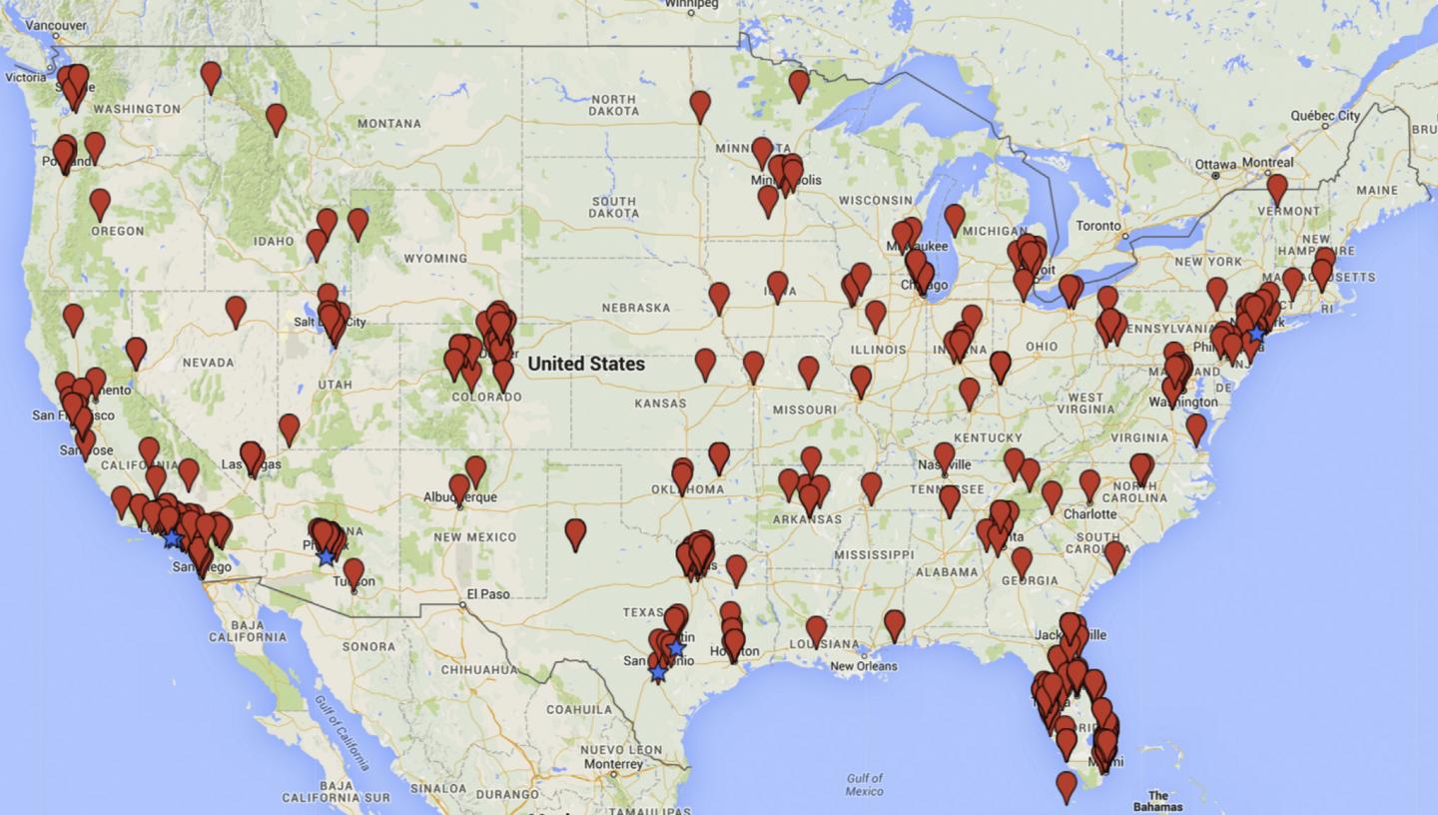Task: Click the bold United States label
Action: tap(586, 364)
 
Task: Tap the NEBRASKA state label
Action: tap(635, 308)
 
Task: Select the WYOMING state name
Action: tap(435, 259)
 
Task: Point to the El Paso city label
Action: tap(488, 594)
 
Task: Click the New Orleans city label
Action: tap(863, 666)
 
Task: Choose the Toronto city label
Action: tap(1098, 226)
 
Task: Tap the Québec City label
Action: tap(1325, 116)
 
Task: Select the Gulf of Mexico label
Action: tap(864, 784)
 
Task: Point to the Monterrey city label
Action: tap(614, 763)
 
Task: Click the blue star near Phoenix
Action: tap(327, 556)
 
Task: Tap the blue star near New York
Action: tap(1256, 334)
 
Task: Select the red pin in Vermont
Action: tap(1276, 187)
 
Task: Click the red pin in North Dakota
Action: tap(700, 104)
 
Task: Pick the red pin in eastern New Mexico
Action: tap(575, 532)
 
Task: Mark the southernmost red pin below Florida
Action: tap(1067, 785)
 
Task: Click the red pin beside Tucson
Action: tap(354, 571)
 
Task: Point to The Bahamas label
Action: tap(1157, 801)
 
